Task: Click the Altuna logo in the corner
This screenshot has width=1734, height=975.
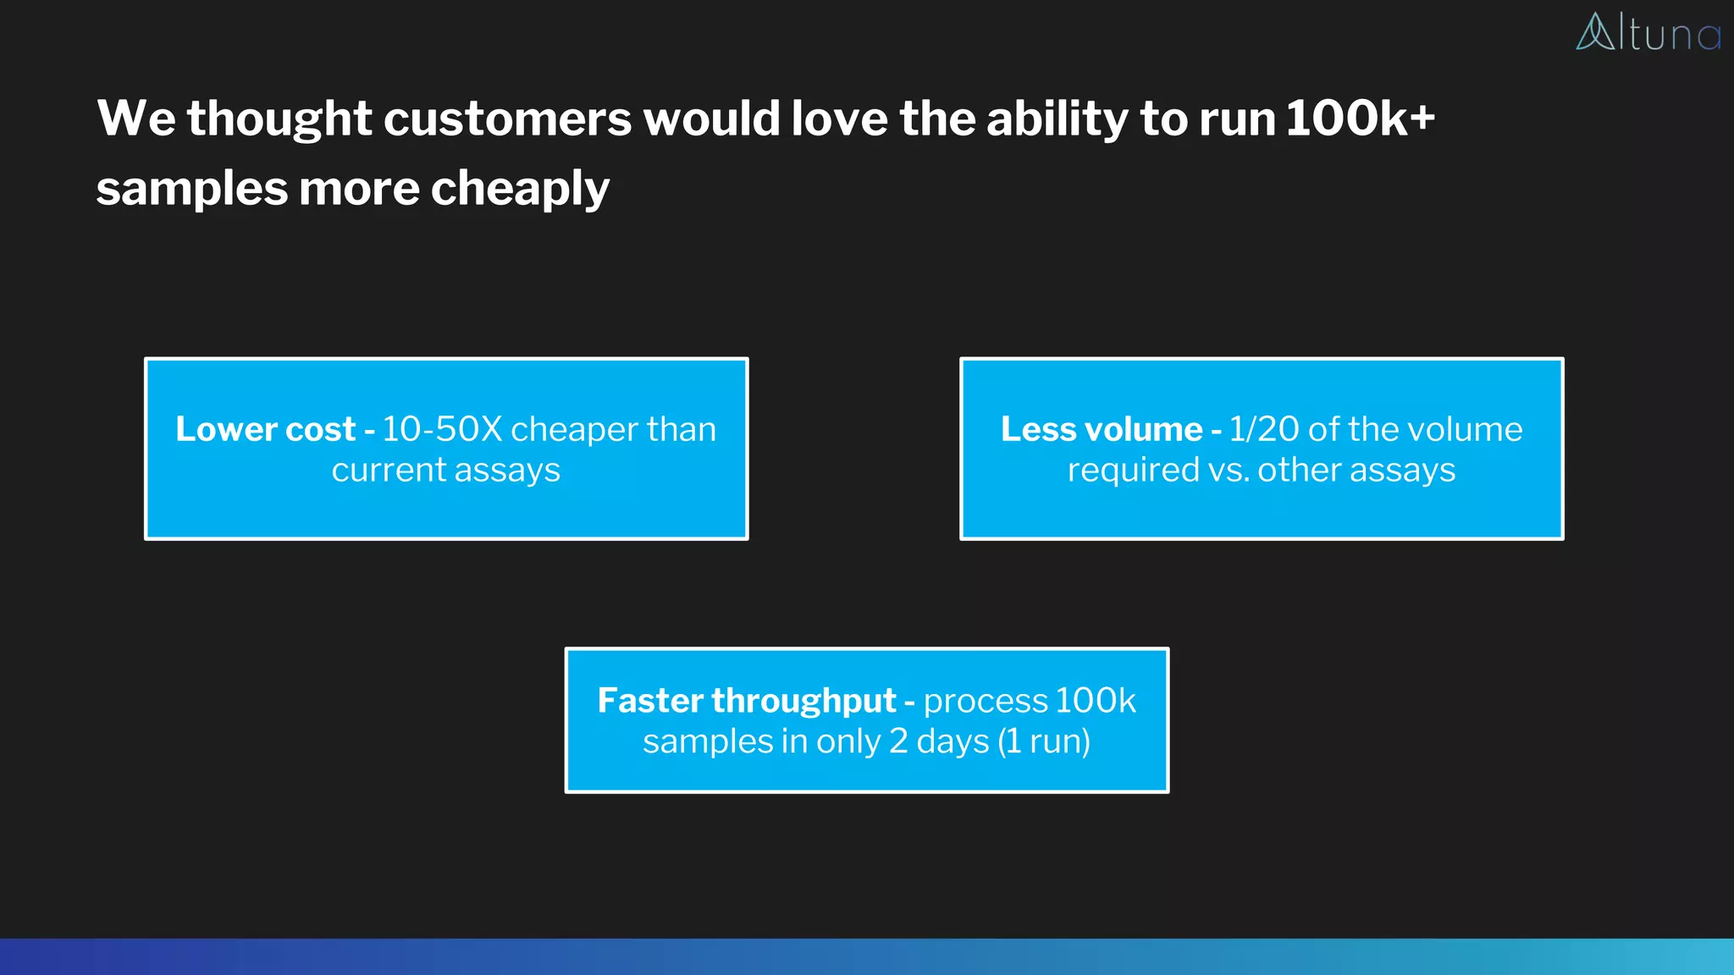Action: (1648, 33)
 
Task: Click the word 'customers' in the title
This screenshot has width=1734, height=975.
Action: (507, 118)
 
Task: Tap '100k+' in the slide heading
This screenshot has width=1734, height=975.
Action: (1360, 118)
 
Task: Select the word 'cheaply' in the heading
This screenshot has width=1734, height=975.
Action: (520, 189)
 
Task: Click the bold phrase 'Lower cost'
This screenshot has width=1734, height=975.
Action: (265, 429)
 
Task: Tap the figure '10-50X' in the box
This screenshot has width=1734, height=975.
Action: (442, 429)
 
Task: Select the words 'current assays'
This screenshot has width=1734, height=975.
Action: (445, 470)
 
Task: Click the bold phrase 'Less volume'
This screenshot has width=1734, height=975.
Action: (1101, 429)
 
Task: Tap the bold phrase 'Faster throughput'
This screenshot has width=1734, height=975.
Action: (746, 701)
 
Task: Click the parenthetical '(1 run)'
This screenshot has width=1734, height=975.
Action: (1044, 741)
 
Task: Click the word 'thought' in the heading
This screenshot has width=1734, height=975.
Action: (279, 118)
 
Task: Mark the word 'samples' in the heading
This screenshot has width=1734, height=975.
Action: (191, 189)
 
